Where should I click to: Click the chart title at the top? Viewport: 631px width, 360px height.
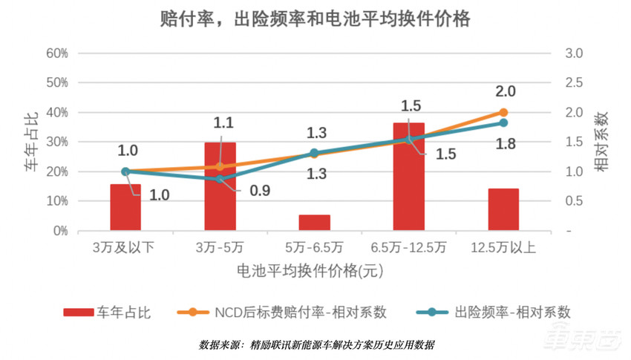[x=315, y=18]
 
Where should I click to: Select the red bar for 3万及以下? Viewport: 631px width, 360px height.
[x=125, y=207]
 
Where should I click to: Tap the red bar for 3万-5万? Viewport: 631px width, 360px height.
[x=220, y=187]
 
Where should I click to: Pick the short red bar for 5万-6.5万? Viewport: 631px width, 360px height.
[x=315, y=223]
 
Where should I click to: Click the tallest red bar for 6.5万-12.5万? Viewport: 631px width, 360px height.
[x=409, y=177]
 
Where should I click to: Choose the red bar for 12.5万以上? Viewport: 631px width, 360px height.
[x=503, y=209]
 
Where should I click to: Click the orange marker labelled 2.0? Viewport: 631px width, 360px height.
[x=503, y=113]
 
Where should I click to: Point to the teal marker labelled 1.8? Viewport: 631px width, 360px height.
[x=503, y=123]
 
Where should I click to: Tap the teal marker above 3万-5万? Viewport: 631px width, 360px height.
[x=220, y=179]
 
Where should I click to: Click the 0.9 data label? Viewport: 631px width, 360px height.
[x=259, y=191]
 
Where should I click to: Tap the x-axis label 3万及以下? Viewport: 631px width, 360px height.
[x=125, y=248]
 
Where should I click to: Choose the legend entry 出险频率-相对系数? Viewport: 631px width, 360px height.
[x=512, y=312]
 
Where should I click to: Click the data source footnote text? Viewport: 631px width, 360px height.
[x=316, y=345]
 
